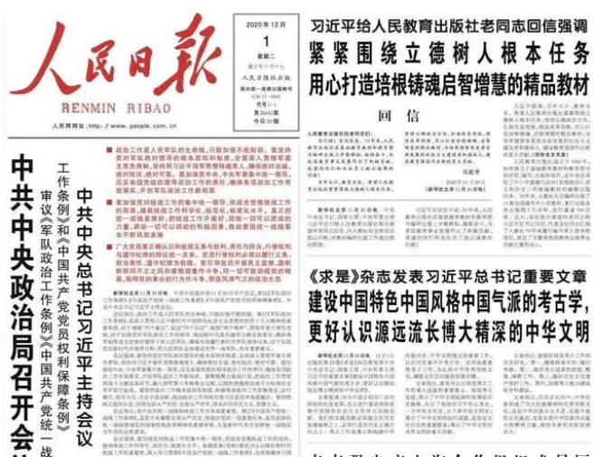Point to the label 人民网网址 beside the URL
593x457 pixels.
point(69,127)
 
